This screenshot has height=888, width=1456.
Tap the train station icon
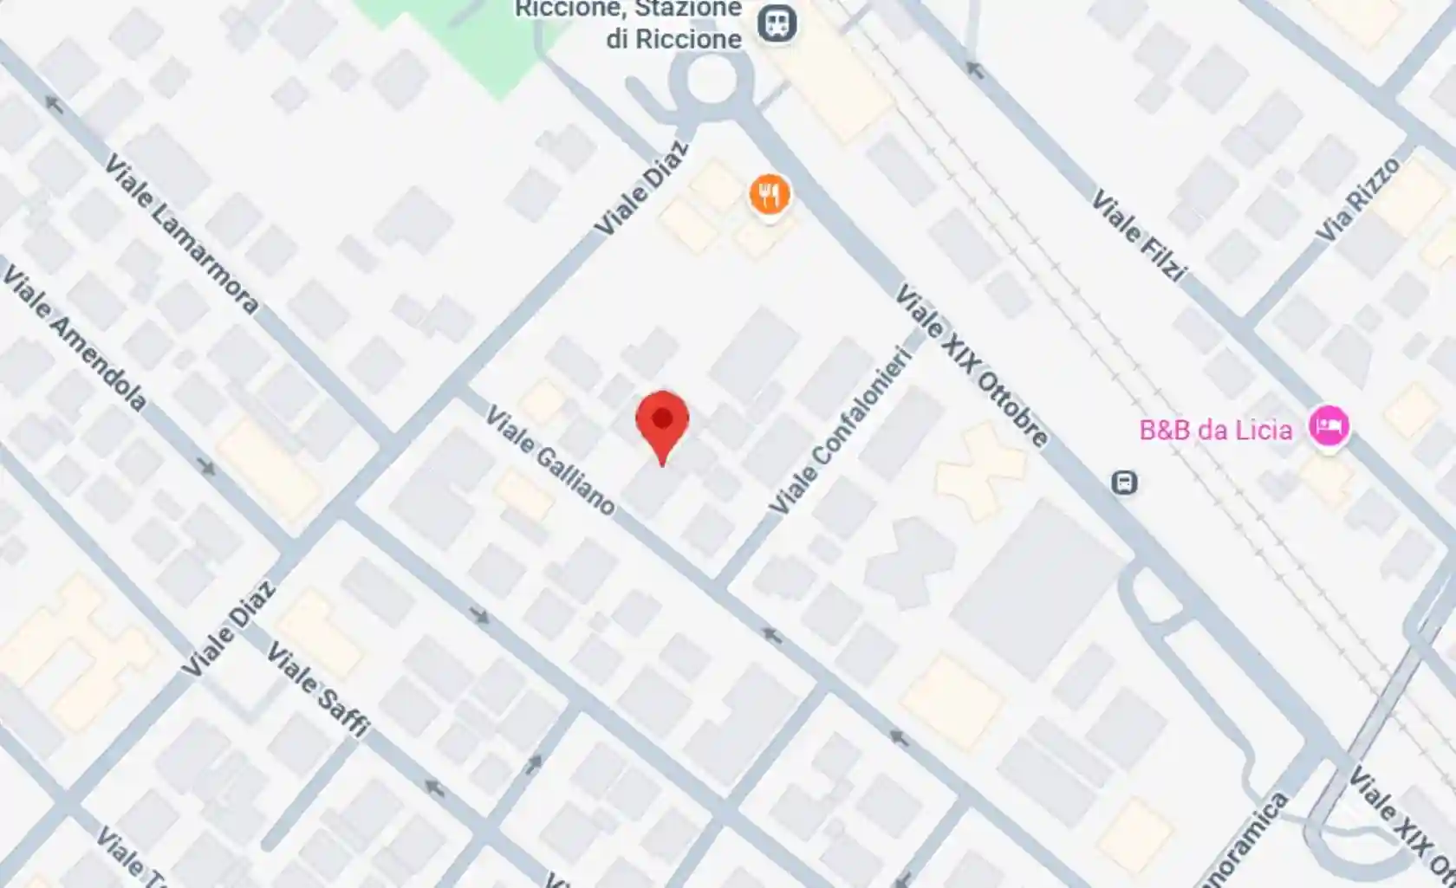(x=777, y=23)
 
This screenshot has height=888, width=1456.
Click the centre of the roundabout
(x=709, y=81)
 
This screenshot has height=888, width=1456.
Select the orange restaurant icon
(x=769, y=194)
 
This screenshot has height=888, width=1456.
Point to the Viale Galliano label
(x=549, y=460)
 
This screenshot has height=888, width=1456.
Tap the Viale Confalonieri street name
(x=842, y=431)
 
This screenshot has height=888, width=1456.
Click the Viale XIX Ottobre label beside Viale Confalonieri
(x=971, y=365)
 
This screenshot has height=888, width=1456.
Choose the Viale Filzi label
(x=1137, y=236)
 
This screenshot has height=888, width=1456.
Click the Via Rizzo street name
(x=1357, y=199)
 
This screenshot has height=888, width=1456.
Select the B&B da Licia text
(x=1215, y=430)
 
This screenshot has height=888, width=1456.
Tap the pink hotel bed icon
(x=1329, y=426)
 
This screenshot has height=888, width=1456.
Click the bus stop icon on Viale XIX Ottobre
(x=1124, y=482)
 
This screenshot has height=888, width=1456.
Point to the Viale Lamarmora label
(x=181, y=233)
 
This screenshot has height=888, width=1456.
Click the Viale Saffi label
(x=317, y=689)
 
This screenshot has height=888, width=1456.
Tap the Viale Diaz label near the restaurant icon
(x=641, y=189)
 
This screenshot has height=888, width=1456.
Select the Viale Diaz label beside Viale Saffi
(x=229, y=630)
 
